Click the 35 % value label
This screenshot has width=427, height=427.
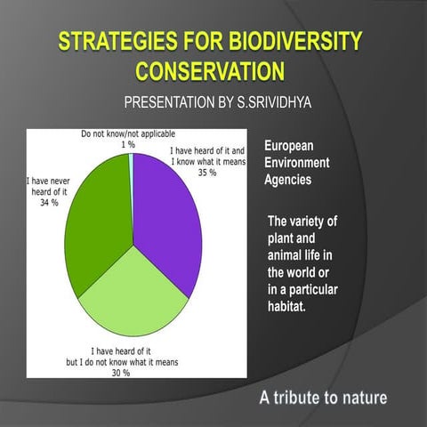pos(207,173)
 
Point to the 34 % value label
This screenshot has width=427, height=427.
pos(48,203)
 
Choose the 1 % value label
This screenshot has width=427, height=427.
pos(128,144)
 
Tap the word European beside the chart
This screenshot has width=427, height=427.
pos(289,145)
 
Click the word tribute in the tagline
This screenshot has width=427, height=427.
pos(303,397)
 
